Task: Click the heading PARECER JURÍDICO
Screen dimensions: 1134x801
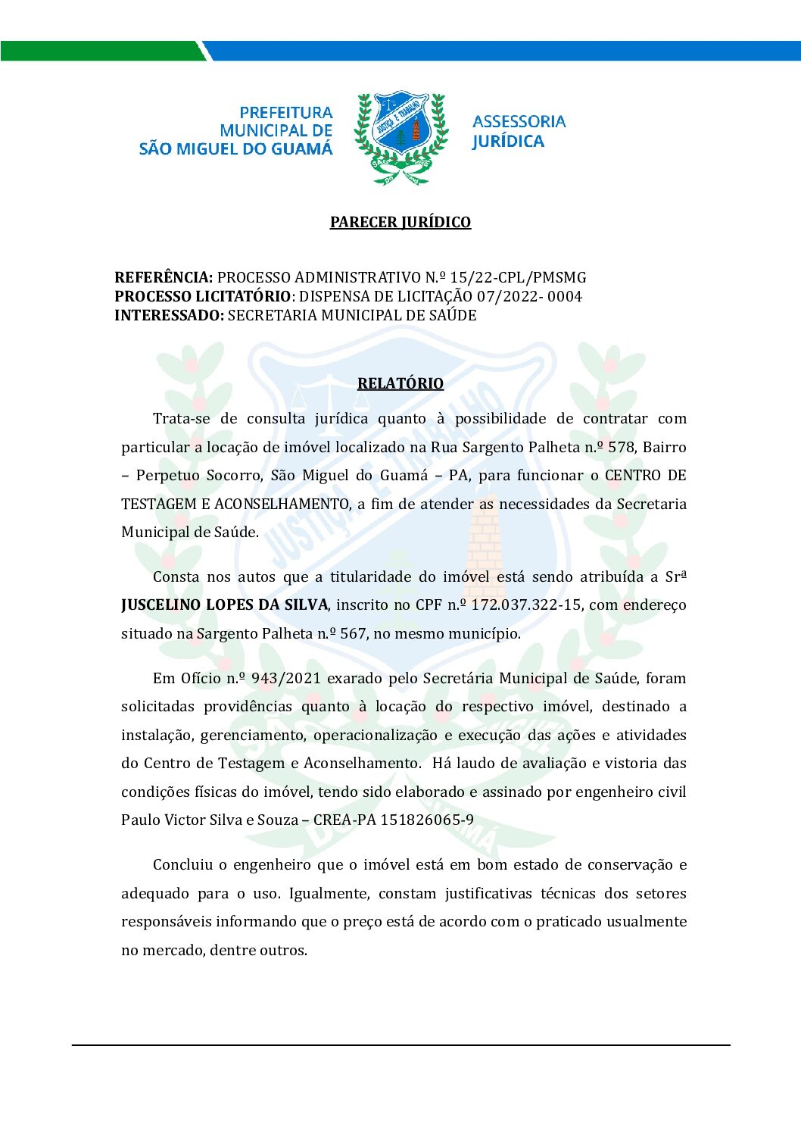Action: tap(400, 222)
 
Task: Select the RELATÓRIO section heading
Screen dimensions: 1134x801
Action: tap(400, 383)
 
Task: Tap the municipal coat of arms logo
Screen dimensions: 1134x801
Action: tap(401, 137)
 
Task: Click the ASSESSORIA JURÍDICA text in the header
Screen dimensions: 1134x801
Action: tap(519, 131)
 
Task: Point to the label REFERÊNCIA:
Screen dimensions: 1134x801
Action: tap(164, 277)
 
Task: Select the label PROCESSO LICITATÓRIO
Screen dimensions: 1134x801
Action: tap(202, 296)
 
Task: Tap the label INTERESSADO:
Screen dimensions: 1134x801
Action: tap(169, 315)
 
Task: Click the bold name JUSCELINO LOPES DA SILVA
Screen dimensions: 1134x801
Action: tap(224, 605)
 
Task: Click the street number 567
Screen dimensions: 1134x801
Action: tap(353, 633)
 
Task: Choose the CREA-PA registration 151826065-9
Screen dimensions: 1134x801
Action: tap(427, 820)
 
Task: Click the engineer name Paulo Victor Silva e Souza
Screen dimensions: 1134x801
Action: tap(210, 820)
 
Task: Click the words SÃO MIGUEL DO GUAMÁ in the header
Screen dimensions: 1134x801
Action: tap(235, 149)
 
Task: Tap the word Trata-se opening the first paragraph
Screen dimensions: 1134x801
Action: tap(181, 418)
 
